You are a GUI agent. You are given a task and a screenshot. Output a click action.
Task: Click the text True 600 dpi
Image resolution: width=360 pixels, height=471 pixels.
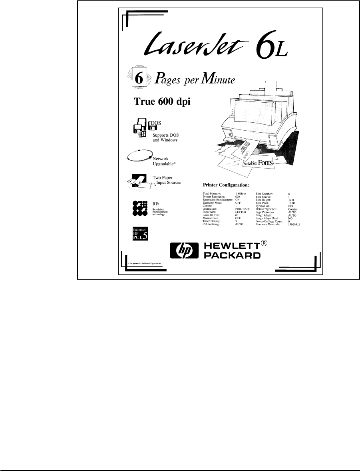click(x=161, y=101)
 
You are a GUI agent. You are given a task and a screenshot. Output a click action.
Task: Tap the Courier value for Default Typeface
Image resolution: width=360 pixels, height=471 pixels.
click(x=293, y=209)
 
